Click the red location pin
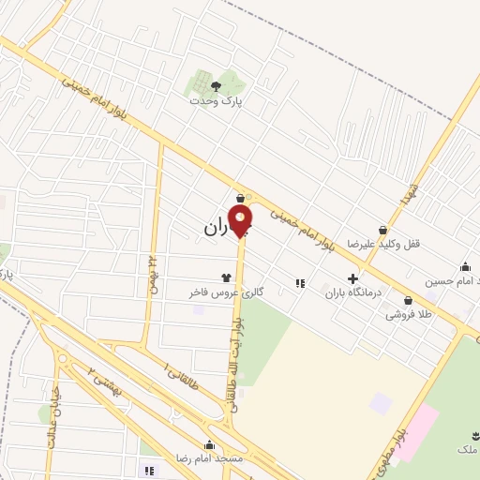(x=241, y=220)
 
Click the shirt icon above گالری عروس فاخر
(x=225, y=277)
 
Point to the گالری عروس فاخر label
(x=225, y=292)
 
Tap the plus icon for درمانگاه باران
(x=352, y=277)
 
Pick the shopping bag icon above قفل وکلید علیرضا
(x=382, y=230)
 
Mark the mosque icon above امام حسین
(x=466, y=266)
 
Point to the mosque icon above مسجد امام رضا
(x=209, y=444)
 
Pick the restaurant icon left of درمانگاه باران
(x=300, y=282)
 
